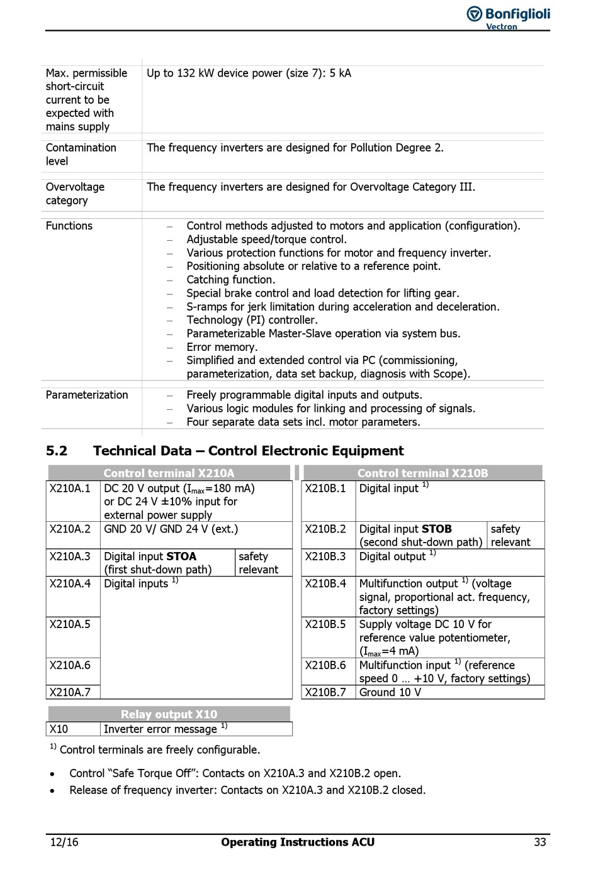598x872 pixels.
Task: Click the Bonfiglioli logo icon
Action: [x=475, y=14]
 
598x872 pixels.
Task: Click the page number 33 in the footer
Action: [x=539, y=842]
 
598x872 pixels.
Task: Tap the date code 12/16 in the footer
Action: [x=64, y=842]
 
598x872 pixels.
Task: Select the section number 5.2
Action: [x=56, y=451]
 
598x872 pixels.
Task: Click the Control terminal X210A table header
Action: [x=169, y=473]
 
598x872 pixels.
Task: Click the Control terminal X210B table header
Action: [x=422, y=473]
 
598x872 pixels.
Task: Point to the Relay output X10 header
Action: [x=169, y=714]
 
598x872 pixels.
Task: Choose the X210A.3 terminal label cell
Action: [x=70, y=556]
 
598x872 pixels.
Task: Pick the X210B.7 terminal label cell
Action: [x=325, y=692]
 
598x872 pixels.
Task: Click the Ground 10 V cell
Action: [x=390, y=692]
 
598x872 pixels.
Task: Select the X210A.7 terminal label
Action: [x=70, y=692]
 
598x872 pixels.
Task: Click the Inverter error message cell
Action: [x=161, y=729]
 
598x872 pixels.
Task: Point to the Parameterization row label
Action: [x=87, y=395]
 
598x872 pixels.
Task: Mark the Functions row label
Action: [x=69, y=226]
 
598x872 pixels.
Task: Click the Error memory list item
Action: [x=222, y=347]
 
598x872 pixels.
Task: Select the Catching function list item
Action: [x=230, y=280]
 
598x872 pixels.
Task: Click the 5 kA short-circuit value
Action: [x=341, y=73]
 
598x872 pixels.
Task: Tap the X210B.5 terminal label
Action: [x=325, y=624]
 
